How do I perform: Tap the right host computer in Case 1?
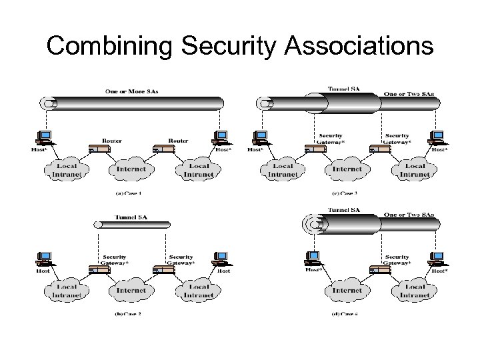tap(221, 137)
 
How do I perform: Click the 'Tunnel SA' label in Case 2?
tap(131, 217)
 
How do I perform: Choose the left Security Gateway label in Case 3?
tap(331, 138)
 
